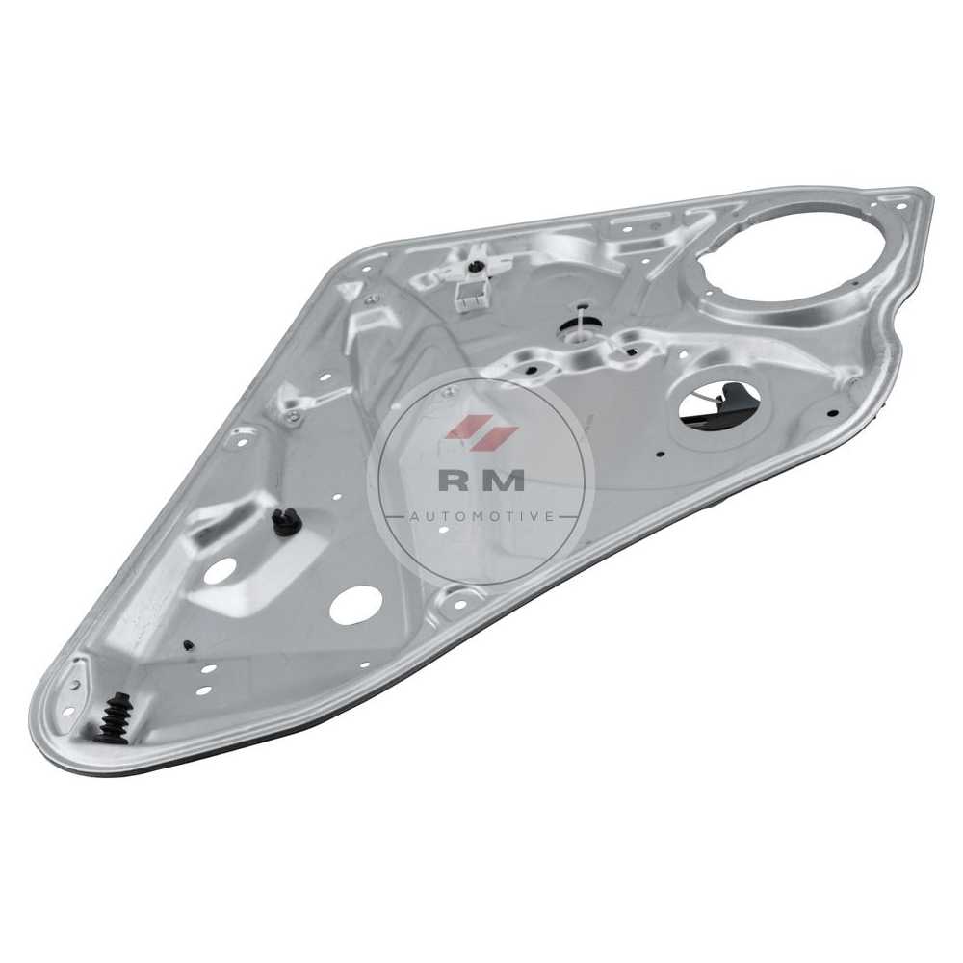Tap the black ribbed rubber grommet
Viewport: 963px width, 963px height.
pos(114,718)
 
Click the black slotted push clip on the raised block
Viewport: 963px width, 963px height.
pos(283,522)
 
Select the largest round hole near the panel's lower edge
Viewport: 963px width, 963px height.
pos(354,605)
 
